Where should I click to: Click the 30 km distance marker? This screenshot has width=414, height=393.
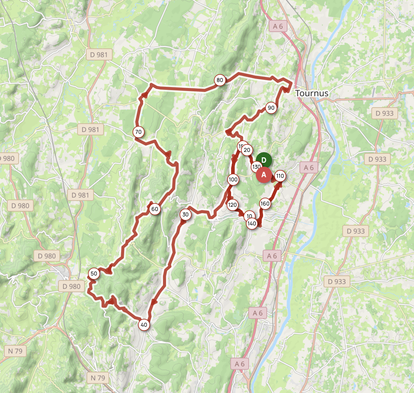[x=185, y=215]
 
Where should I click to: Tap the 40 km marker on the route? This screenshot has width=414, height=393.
[x=144, y=325]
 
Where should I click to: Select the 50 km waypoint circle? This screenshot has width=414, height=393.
[x=94, y=274]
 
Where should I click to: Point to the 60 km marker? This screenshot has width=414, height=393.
[x=155, y=209]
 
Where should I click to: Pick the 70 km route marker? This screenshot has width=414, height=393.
[x=138, y=132]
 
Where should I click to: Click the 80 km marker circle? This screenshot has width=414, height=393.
[x=220, y=80]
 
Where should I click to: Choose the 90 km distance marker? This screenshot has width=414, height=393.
[x=271, y=108]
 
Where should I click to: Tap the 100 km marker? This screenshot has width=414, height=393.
[x=233, y=180]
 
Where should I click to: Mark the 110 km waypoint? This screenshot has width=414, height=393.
[x=280, y=176]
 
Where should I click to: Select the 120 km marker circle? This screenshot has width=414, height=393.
[x=232, y=205]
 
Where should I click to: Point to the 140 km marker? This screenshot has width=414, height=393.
[x=252, y=223]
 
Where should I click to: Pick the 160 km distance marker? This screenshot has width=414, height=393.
[x=265, y=204]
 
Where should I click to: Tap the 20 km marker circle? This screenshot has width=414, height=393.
[x=247, y=150]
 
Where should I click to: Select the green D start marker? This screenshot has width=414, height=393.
[x=264, y=160]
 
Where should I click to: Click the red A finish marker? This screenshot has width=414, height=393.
[x=264, y=175]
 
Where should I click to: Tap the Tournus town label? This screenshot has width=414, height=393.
[x=312, y=93]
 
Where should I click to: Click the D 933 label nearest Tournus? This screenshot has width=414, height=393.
[x=384, y=113]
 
